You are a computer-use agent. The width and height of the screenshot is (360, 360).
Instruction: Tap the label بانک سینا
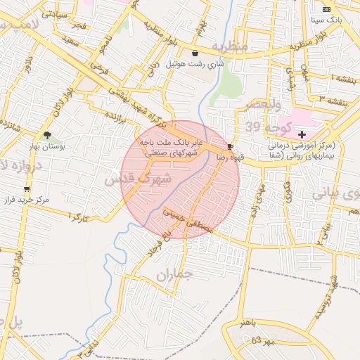[x=328, y=20]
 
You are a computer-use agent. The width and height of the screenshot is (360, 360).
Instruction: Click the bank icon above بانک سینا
[x=326, y=9]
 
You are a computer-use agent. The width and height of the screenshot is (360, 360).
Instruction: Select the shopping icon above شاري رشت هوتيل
[x=195, y=53]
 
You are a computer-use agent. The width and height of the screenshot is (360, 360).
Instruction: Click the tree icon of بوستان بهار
[x=47, y=135]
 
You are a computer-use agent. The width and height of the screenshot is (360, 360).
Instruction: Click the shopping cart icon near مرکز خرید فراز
[x=27, y=188]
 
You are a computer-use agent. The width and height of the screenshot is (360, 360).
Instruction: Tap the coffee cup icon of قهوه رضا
[x=231, y=146]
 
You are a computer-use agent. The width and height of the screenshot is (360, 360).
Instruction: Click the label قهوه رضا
[x=231, y=157]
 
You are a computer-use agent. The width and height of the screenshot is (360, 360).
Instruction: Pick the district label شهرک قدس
[x=139, y=179]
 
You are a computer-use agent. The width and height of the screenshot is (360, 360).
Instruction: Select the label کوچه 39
[x=264, y=127]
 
